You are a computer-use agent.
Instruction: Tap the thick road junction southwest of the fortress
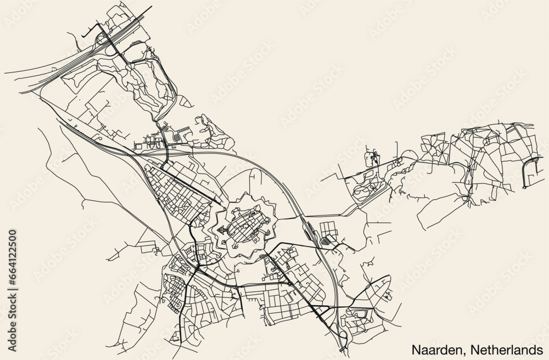196,269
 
